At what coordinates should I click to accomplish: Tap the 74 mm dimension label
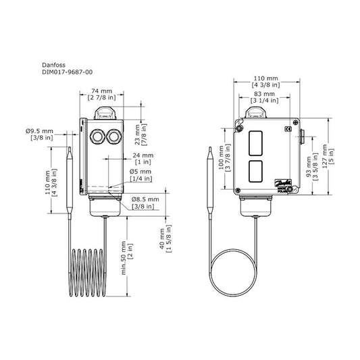pyautogui.click(x=101, y=89)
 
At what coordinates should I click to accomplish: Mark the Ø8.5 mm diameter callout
pyautogui.click(x=145, y=200)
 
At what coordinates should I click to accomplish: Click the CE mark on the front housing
pyautogui.click(x=287, y=128)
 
